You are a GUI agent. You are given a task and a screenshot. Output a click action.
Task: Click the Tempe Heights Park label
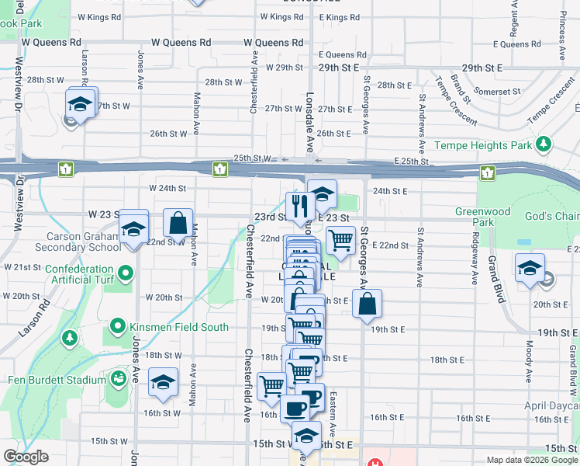(x=483, y=145)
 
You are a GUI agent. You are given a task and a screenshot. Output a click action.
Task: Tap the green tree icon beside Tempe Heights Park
(x=544, y=144)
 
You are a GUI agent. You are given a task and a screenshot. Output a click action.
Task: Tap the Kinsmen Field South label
(x=178, y=327)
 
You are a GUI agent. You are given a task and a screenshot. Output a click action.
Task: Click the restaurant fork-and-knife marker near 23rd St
(x=299, y=206)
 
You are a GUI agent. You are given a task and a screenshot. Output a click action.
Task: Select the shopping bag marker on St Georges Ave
(x=368, y=304)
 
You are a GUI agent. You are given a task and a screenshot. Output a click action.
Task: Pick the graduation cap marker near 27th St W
(x=79, y=105)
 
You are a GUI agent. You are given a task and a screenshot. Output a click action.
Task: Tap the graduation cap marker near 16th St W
(x=164, y=382)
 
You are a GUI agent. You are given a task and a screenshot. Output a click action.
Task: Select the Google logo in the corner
(x=26, y=457)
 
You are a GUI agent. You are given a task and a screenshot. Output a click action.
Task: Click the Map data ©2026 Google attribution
(x=532, y=459)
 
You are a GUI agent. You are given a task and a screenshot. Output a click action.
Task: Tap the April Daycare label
(x=551, y=405)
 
